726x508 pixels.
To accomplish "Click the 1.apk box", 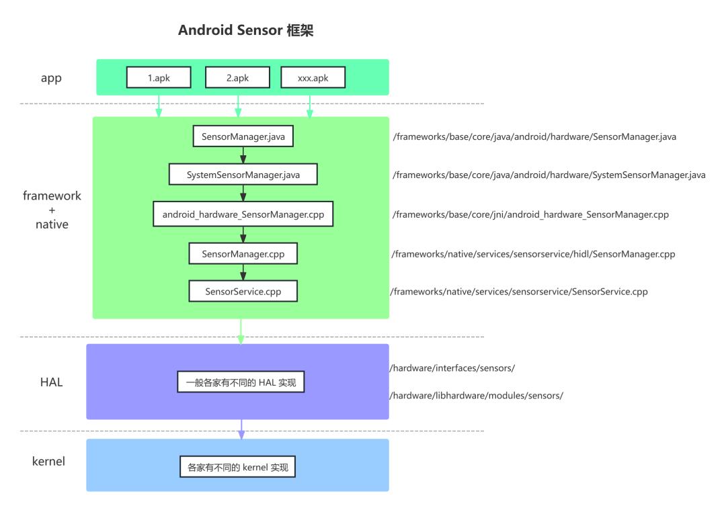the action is point(159,77).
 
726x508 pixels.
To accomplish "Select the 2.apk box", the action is point(237,77).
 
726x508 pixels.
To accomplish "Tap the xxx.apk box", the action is point(313,77).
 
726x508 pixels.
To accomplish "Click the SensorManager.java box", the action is point(243,136).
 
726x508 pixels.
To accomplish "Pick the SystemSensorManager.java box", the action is point(243,175).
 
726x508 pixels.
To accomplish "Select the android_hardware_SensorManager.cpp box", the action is point(243,214).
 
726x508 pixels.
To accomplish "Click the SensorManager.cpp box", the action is point(243,253).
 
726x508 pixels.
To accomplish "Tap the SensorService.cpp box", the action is point(243,291).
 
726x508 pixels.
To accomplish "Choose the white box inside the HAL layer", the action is point(241,382).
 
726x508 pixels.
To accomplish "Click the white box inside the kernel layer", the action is point(237,466).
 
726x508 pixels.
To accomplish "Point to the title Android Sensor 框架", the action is point(246,30).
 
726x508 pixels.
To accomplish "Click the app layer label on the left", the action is point(51,78).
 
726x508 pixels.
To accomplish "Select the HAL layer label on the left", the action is point(51,382).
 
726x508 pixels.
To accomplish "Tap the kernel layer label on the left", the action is point(48,461).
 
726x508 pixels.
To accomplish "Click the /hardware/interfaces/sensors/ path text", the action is point(452,368).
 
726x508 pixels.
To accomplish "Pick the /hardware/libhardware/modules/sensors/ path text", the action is point(477,395).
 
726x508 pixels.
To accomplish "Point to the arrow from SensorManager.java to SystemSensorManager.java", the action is point(243,155).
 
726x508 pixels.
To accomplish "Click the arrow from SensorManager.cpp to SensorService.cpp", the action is point(243,272).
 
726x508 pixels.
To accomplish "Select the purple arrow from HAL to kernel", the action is point(241,429).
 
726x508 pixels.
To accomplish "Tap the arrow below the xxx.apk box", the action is point(310,106).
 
